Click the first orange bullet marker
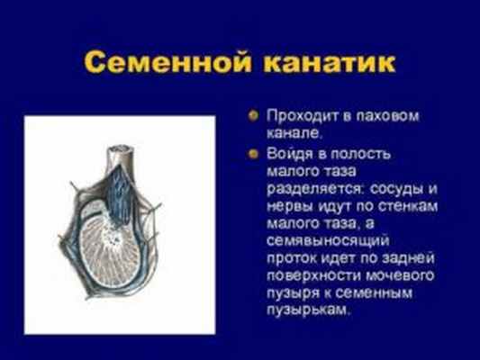[x=255, y=117]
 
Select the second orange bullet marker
[x=255, y=154]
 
